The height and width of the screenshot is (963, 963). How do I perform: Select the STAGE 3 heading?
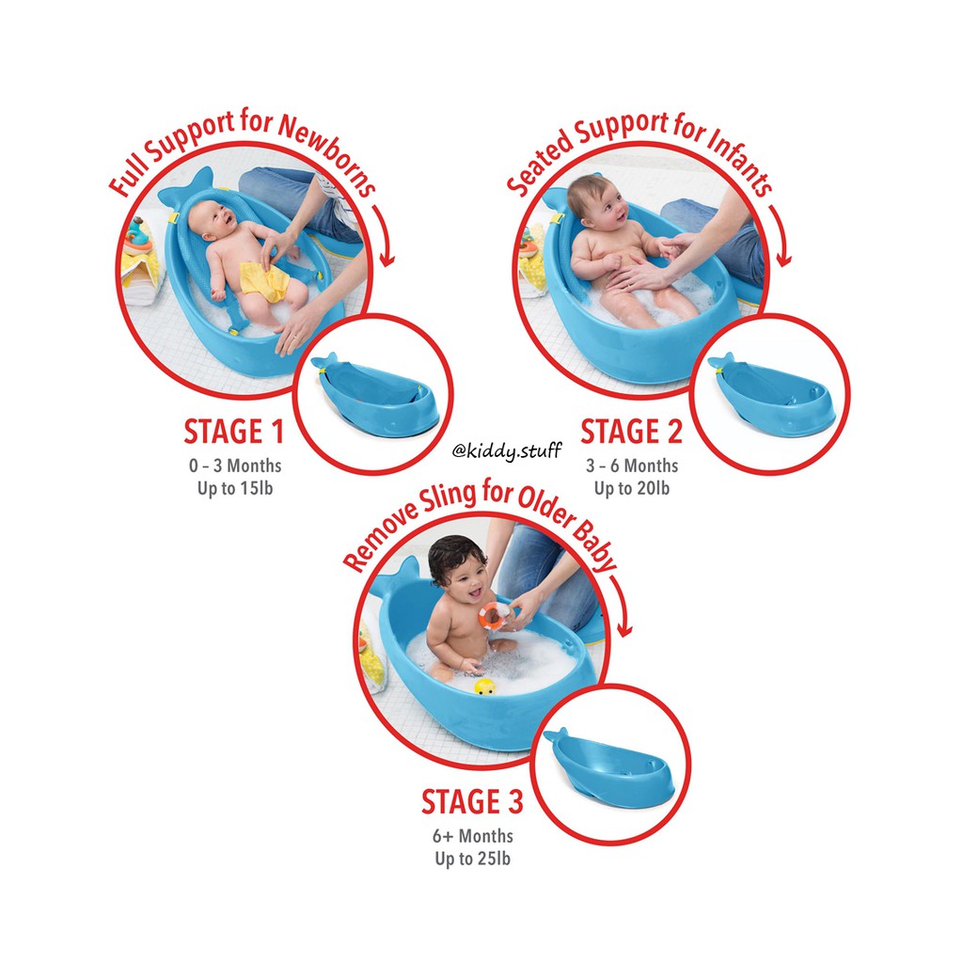click(472, 802)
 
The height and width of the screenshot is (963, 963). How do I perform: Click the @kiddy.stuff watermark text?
click(506, 451)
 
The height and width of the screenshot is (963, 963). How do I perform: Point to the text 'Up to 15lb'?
click(239, 489)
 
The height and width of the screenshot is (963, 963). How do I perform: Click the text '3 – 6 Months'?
click(631, 466)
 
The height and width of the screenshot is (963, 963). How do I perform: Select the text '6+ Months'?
click(473, 835)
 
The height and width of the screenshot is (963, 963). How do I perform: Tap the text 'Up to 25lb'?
click(473, 859)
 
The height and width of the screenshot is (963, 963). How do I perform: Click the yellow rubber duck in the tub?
click(484, 687)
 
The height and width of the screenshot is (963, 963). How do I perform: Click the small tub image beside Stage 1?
click(374, 388)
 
